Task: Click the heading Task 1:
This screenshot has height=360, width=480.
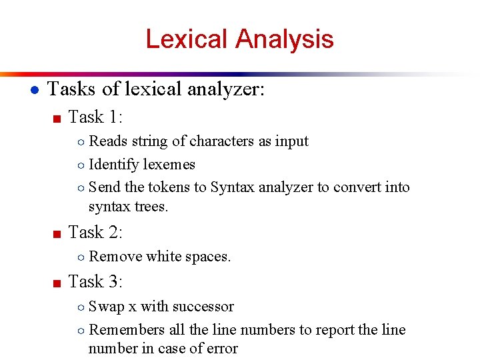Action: pos(95,117)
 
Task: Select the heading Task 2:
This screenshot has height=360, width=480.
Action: pos(95,233)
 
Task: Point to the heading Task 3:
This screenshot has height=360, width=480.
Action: pos(95,282)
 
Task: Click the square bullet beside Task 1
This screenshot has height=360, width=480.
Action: pos(57,119)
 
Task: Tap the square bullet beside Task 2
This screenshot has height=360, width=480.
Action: pos(57,234)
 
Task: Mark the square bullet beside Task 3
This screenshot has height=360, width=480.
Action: pos(57,283)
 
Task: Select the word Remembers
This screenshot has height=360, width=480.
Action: pos(126,329)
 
